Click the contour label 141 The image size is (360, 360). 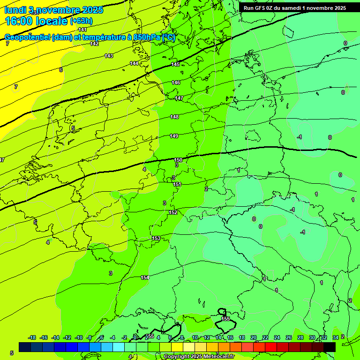pos(82,30)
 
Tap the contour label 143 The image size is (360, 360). pos(109,56)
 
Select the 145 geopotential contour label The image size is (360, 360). pos(175,64)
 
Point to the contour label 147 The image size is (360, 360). pos(179,98)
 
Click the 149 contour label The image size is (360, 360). pos(174,136)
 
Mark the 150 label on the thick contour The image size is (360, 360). pos(178,160)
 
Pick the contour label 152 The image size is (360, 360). pos(173,212)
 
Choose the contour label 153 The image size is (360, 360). pos(156,239)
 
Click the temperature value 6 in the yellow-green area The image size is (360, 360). pos(61,70)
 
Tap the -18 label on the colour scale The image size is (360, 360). pos(32,337)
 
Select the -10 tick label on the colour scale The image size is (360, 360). pos(78,337)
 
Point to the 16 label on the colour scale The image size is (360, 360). pos(230,337)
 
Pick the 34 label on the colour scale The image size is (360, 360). pos(335,337)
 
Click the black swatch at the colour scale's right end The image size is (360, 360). pos(330,347)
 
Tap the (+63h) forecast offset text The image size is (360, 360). pos(81,21)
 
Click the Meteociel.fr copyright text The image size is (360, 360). pos(199,357)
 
